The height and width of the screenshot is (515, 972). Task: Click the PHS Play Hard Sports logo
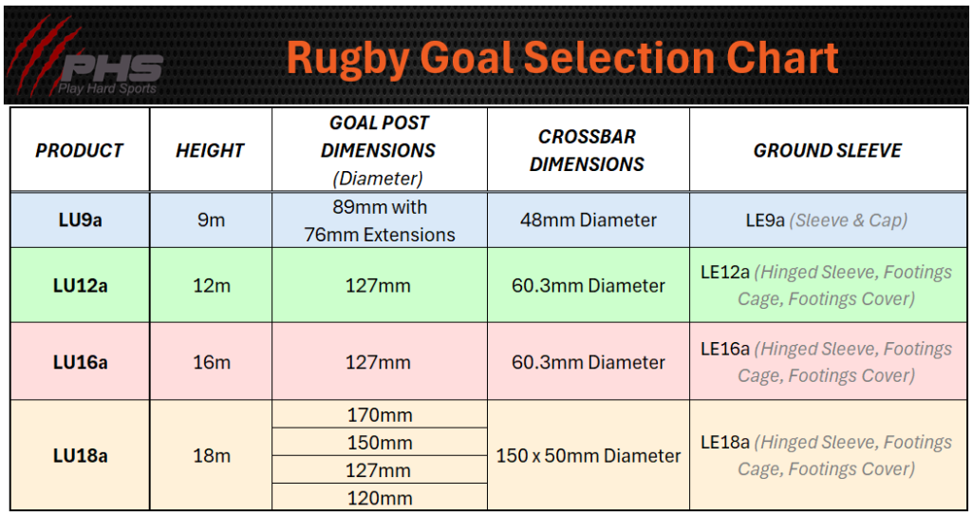click(85, 59)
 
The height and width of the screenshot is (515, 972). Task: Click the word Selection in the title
click(620, 58)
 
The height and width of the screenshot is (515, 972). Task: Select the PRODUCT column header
click(80, 150)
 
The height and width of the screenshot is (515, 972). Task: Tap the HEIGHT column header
click(210, 150)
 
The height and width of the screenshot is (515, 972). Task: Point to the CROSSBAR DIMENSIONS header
click(587, 150)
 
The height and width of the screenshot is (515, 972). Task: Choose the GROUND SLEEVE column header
click(828, 150)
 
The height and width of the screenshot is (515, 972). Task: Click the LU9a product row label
click(80, 219)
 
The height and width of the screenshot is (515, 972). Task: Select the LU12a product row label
click(80, 285)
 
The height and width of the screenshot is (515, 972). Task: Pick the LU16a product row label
click(80, 362)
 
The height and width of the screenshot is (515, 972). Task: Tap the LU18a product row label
click(80, 455)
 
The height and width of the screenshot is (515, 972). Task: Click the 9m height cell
click(212, 219)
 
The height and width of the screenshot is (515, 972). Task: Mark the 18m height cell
click(212, 455)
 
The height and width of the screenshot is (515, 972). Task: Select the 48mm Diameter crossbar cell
click(589, 219)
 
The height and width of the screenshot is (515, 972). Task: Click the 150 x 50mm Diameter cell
click(589, 455)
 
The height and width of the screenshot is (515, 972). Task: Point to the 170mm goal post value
click(380, 414)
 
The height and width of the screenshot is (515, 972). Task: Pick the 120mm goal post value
click(380, 498)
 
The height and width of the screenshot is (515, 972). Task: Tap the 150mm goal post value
click(380, 443)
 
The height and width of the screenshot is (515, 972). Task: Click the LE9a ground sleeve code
click(765, 220)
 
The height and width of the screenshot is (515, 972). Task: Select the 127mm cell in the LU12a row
click(378, 285)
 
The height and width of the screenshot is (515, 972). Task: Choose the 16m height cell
click(212, 362)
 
